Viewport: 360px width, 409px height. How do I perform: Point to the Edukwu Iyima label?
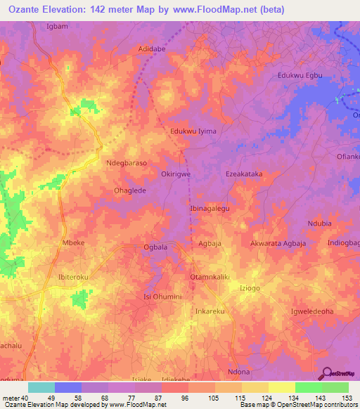pyautogui.click(x=193, y=131)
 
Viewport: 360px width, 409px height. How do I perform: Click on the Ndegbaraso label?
pyautogui.click(x=127, y=162)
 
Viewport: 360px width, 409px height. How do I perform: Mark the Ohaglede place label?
pyautogui.click(x=124, y=190)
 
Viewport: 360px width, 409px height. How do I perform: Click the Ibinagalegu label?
pyautogui.click(x=210, y=209)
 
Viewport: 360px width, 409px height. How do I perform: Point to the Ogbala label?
pyautogui.click(x=155, y=247)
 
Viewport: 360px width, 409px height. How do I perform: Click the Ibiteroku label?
pyautogui.click(x=73, y=278)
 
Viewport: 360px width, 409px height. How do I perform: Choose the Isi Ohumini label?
pyautogui.click(x=163, y=297)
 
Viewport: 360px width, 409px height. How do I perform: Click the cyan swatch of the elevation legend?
pyautogui.click(x=41, y=387)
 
